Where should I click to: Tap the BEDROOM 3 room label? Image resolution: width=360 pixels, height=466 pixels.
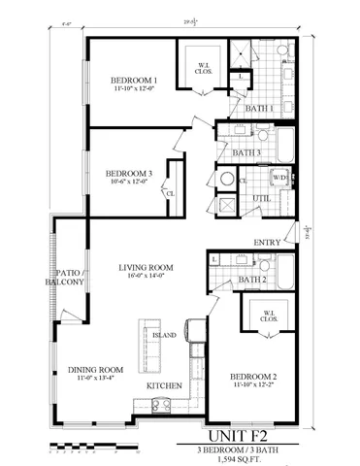[x=129, y=175]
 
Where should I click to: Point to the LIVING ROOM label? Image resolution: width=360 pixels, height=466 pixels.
[x=146, y=267]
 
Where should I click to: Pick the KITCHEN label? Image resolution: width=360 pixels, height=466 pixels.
[x=165, y=386]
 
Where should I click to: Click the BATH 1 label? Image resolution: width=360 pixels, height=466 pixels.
[x=257, y=109]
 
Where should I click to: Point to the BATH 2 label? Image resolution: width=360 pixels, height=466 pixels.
[x=252, y=280]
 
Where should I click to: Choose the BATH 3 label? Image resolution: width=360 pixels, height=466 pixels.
[x=245, y=152]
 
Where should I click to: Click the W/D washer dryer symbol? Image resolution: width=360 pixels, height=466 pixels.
[x=278, y=178]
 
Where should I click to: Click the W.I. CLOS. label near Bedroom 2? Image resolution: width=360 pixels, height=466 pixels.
[x=265, y=316]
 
